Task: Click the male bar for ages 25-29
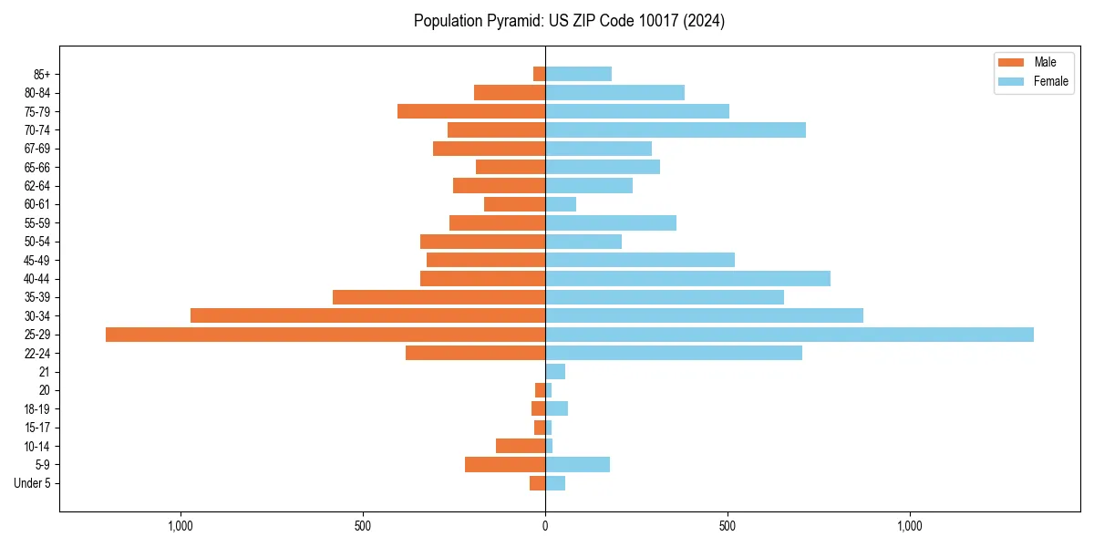pos(325,335)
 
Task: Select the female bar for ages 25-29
pos(790,335)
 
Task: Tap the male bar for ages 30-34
pos(367,315)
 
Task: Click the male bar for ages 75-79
pos(471,111)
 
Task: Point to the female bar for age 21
pos(555,372)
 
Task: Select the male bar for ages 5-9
pos(505,465)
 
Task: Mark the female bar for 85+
pos(578,74)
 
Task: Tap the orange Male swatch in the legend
pos(1011,62)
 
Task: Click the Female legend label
pos(1050,81)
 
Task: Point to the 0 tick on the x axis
pos(545,526)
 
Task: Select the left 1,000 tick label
pos(181,526)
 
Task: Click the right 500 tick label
pos(728,526)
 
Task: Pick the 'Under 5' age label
pos(32,483)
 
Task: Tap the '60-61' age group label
pos(37,204)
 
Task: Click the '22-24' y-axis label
pos(37,353)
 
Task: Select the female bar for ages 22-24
pos(674,353)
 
